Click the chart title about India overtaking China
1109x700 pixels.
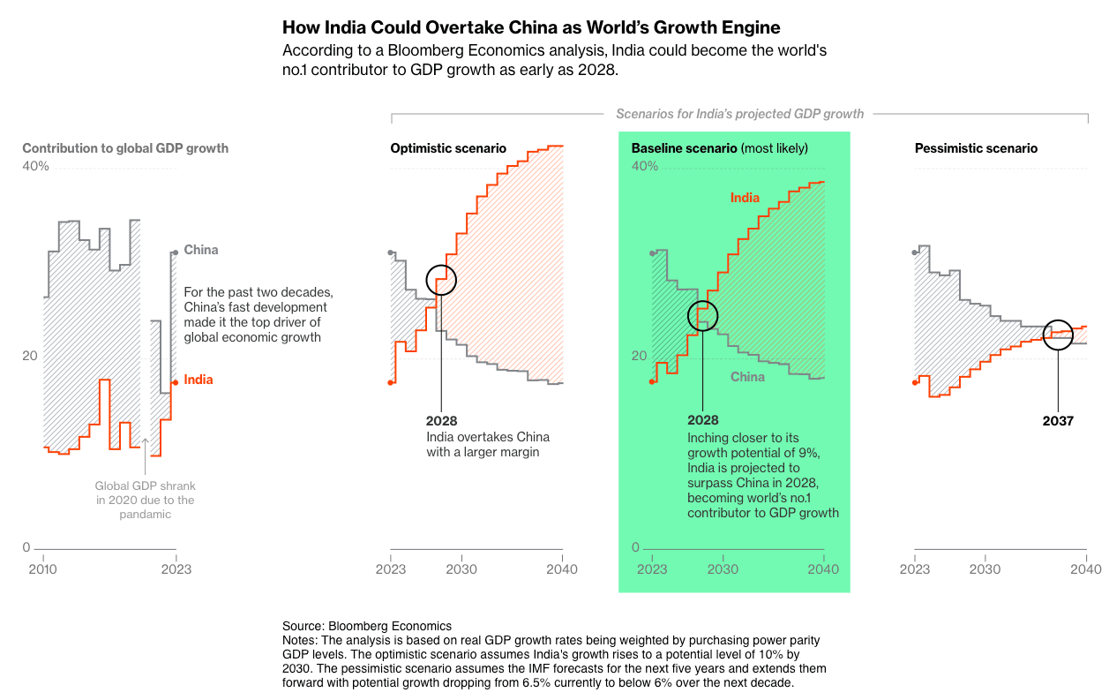tap(531, 27)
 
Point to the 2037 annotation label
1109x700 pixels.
tap(1058, 421)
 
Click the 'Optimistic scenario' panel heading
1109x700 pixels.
tap(448, 148)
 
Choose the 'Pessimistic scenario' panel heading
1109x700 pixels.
tap(976, 148)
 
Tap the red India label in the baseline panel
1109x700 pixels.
tap(745, 198)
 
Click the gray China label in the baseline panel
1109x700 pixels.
tap(747, 377)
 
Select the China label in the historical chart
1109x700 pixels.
tap(201, 250)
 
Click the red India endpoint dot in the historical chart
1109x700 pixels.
tap(176, 382)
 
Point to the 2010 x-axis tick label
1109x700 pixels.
tap(43, 569)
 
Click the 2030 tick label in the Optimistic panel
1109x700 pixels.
tap(461, 569)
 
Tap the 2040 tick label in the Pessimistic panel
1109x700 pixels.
tap(1086, 569)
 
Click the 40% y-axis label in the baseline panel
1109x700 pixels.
tap(645, 166)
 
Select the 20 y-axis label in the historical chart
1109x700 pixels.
tap(30, 356)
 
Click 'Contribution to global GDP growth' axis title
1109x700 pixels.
tap(125, 148)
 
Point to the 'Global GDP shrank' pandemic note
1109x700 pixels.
tap(145, 500)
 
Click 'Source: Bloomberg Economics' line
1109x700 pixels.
tap(367, 626)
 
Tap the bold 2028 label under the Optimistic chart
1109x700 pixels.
tap(442, 421)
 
